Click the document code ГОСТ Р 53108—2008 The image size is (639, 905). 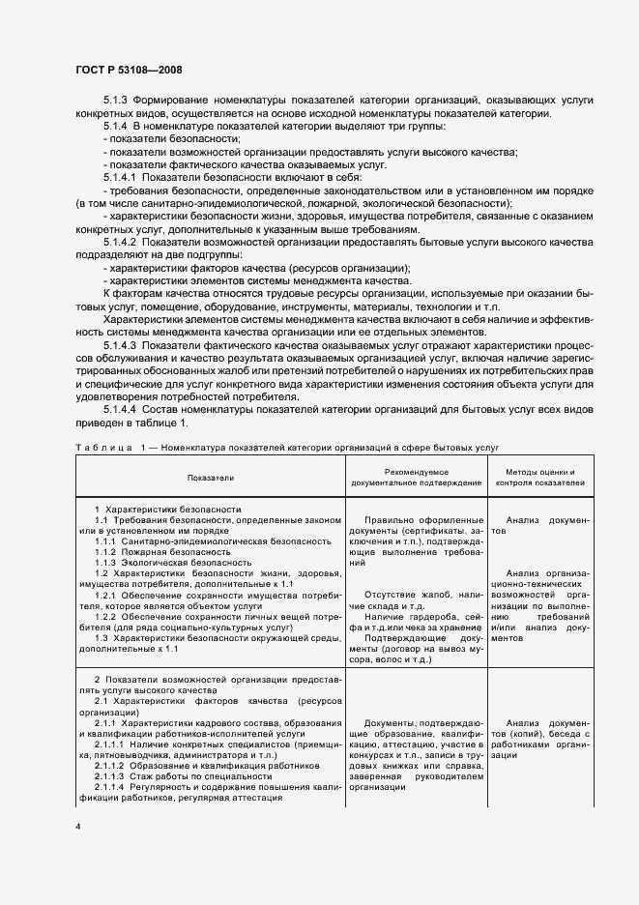coord(128,70)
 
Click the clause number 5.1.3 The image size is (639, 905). coord(115,102)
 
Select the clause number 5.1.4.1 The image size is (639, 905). coord(122,177)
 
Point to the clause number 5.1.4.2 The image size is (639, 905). coord(122,241)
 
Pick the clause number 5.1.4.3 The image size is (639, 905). coord(122,342)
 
